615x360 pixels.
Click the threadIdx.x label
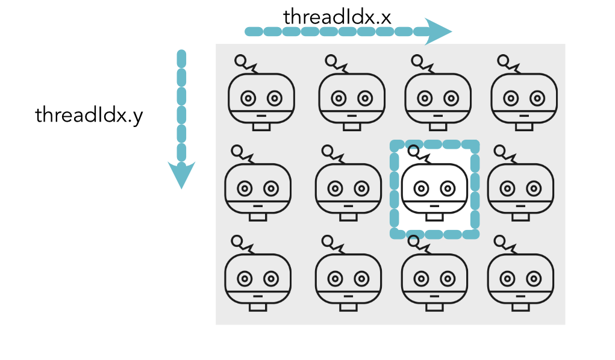click(x=337, y=17)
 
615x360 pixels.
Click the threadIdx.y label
click(x=89, y=115)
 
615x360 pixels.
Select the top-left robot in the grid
click(x=261, y=96)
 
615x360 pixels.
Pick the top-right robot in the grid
click(x=524, y=96)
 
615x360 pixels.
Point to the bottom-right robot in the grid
click(x=520, y=278)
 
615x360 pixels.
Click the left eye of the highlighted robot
click(x=420, y=188)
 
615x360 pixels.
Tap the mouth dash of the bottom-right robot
click(x=521, y=296)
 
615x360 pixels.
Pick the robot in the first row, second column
click(x=351, y=96)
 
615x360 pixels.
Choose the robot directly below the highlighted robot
click(x=434, y=278)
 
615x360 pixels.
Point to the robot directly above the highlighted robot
click(x=437, y=96)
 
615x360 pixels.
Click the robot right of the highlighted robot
click(x=520, y=188)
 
